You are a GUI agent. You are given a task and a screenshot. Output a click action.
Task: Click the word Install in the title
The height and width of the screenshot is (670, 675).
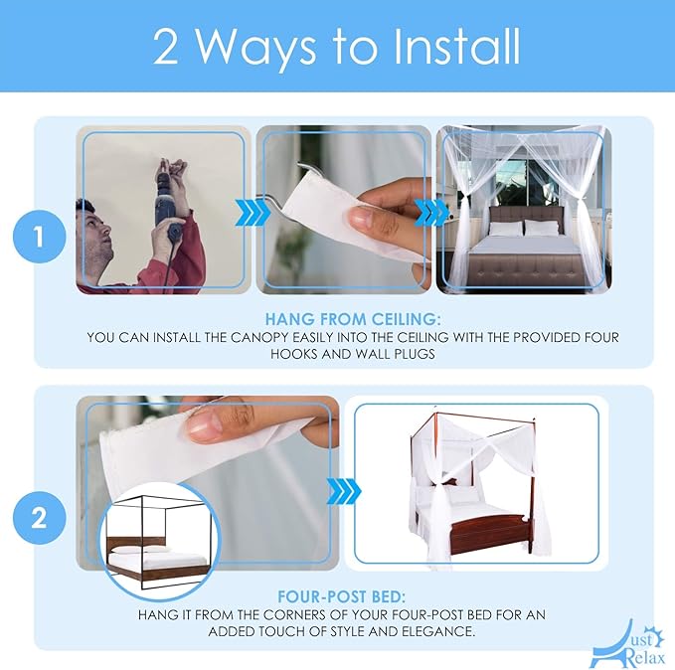[456, 47]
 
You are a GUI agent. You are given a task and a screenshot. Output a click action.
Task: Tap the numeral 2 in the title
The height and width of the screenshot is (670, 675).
[165, 48]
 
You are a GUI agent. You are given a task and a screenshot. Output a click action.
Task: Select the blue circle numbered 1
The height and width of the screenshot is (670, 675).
[40, 237]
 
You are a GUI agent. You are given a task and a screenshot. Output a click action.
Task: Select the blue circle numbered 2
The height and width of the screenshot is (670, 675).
[40, 518]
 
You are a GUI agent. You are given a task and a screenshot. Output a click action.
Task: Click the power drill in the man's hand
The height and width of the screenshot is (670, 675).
[168, 203]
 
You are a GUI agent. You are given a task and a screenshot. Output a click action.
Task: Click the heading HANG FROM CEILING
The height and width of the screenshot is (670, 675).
[353, 319]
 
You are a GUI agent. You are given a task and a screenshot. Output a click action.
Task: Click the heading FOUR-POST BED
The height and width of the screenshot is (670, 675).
[341, 596]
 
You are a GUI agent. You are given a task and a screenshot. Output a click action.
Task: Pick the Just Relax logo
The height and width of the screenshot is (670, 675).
[628, 644]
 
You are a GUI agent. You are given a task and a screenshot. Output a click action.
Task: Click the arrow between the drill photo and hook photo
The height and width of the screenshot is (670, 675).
[252, 213]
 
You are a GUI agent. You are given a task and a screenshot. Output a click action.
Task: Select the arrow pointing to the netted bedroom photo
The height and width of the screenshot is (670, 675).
[430, 213]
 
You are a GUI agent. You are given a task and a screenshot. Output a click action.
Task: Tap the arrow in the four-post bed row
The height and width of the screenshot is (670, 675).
[344, 491]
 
